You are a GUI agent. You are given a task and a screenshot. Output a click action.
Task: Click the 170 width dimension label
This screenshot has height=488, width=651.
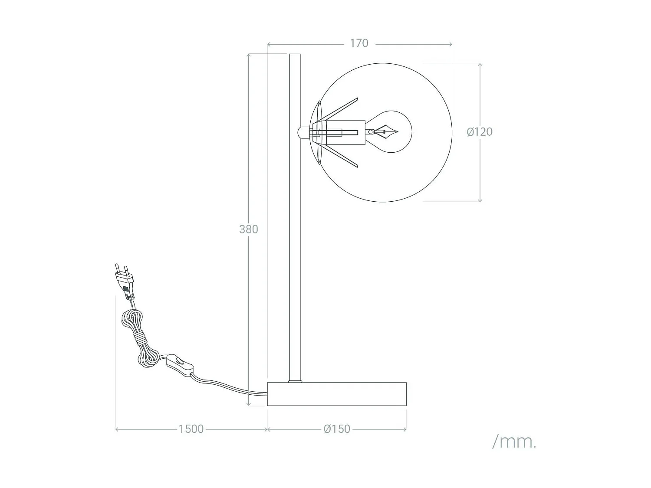(x=359, y=43)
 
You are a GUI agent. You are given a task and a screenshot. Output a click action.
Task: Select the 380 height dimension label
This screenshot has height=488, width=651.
(x=249, y=229)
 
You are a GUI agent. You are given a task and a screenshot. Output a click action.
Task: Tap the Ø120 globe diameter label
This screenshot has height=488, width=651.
(x=480, y=132)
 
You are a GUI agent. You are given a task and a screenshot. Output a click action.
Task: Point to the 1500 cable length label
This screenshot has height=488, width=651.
(x=191, y=429)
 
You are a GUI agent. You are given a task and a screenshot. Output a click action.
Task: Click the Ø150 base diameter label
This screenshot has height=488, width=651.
(x=337, y=429)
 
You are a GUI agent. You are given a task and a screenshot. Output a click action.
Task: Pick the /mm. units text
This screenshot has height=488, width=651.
(x=514, y=442)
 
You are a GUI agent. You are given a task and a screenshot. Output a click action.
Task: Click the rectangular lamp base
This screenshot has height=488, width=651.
(x=337, y=394)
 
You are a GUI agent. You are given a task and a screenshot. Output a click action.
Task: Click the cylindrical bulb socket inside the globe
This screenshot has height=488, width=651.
(x=343, y=132)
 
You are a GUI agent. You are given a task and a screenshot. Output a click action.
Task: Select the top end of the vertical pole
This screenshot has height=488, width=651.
(x=295, y=56)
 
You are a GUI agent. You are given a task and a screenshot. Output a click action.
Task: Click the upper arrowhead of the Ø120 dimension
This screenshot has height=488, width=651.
(x=480, y=65)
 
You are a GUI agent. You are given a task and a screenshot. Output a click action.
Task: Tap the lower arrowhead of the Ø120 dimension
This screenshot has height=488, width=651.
(x=480, y=200)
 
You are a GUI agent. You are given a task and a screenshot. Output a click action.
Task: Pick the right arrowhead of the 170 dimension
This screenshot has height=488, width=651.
(x=450, y=44)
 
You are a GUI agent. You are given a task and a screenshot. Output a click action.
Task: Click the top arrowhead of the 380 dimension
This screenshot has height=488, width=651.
(x=249, y=56)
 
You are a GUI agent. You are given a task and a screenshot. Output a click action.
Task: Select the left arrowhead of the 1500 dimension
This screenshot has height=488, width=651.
(x=117, y=429)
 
